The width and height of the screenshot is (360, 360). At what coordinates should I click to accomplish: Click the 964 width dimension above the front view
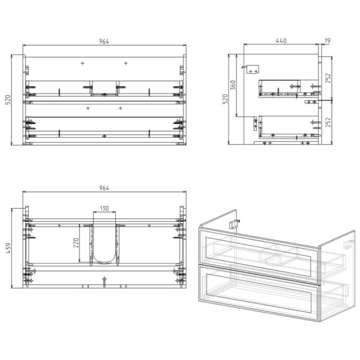[104, 41]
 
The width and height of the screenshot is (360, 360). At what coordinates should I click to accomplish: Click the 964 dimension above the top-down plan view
[104, 188]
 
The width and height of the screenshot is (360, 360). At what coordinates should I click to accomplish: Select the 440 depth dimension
[281, 41]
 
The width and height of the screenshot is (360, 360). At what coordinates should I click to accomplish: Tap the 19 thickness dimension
[328, 41]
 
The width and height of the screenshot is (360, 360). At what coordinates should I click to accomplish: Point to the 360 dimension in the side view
[233, 85]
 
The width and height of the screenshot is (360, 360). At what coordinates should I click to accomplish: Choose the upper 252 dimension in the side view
[328, 78]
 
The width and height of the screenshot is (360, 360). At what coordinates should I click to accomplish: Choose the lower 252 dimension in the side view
[328, 122]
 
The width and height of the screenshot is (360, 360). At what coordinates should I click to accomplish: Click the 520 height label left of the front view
[8, 100]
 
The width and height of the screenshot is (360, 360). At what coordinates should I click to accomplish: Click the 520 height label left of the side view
[225, 99]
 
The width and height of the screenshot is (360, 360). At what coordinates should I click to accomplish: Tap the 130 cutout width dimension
[104, 208]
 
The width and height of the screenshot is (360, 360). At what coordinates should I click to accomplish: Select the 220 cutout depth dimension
[76, 243]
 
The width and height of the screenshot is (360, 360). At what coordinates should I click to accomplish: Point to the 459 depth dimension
[8, 248]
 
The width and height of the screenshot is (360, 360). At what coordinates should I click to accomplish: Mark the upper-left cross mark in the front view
[82, 63]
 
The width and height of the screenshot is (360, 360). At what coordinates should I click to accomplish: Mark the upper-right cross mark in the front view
[126, 63]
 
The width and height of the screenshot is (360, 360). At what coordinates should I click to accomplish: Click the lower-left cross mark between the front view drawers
[88, 108]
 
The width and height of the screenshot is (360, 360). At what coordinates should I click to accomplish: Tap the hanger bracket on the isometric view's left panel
[235, 224]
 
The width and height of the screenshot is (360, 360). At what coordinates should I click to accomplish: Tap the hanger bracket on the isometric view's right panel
[349, 244]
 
